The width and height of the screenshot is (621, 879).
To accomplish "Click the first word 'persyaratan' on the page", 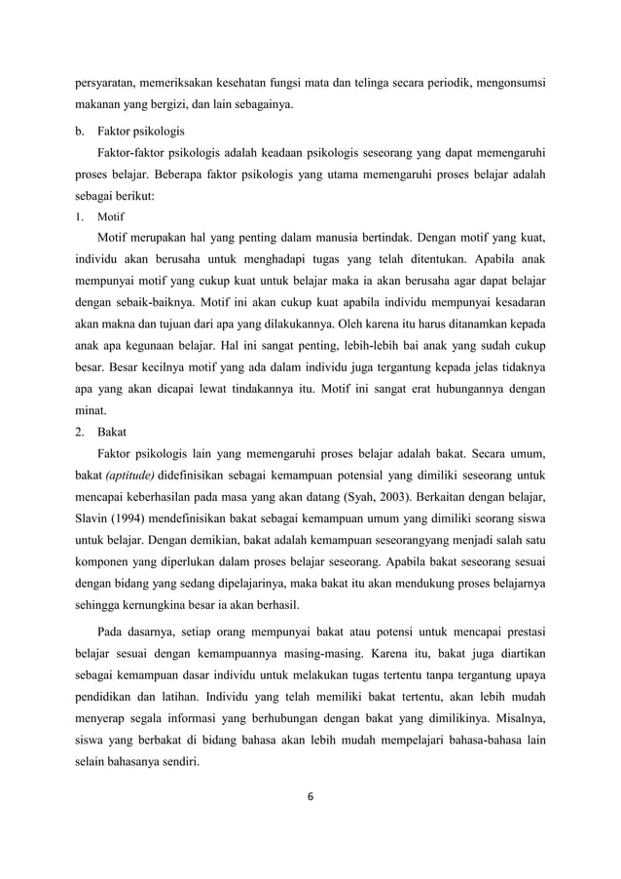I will (x=110, y=83).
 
